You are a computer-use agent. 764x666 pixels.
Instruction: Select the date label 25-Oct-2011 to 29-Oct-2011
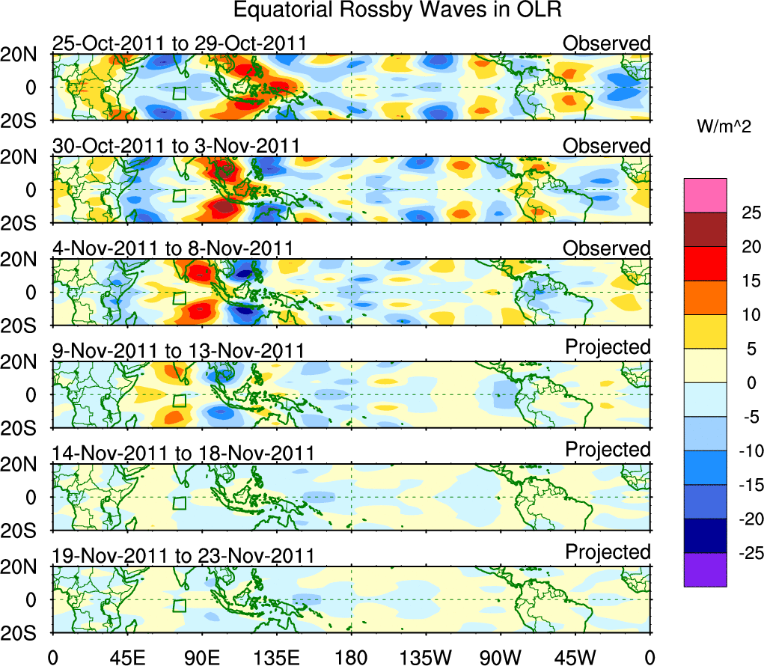click(180, 43)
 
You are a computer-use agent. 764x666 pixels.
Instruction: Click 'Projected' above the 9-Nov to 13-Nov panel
click(608, 347)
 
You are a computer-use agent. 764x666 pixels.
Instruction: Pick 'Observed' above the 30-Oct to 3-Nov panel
click(607, 146)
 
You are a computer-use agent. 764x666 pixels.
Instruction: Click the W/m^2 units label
click(718, 127)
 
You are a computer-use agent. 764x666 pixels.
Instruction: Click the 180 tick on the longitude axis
click(351, 658)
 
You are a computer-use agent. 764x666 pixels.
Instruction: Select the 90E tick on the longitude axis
click(201, 658)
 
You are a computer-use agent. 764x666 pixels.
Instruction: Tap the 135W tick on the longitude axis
click(427, 658)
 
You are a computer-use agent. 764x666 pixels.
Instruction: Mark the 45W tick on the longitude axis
click(575, 658)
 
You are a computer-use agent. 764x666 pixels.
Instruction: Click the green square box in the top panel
click(179, 94)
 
